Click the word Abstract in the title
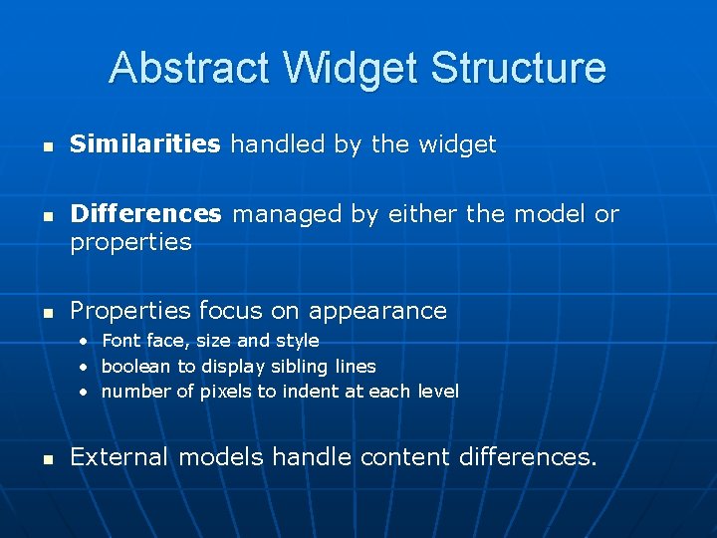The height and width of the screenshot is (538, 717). click(190, 69)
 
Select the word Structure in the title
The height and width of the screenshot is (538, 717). click(518, 69)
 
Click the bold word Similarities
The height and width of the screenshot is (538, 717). click(144, 144)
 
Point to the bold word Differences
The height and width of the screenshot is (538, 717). click(145, 214)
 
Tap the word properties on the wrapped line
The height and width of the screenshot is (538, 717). click(130, 242)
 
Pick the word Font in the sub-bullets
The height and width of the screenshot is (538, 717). click(120, 341)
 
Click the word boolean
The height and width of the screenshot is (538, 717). click(136, 367)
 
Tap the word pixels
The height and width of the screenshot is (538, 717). click(226, 392)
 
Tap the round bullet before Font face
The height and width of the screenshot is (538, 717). click(86, 342)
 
